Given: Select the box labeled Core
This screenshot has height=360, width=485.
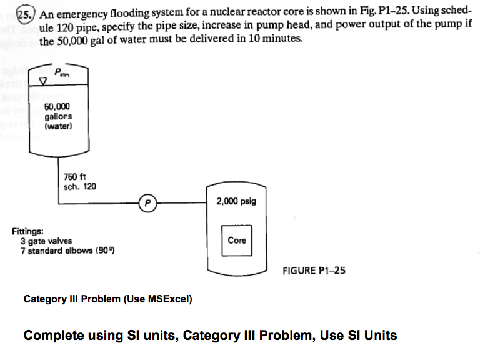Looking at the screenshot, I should [x=237, y=241].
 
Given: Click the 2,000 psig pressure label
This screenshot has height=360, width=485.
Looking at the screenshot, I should [x=236, y=202].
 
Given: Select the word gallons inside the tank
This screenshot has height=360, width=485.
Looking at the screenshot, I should [x=58, y=116].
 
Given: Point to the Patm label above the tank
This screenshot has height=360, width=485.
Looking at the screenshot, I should [x=62, y=72].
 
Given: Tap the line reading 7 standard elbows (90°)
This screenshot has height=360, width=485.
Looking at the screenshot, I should [x=67, y=250].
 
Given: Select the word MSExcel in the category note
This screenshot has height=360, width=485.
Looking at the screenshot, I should [x=171, y=299].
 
